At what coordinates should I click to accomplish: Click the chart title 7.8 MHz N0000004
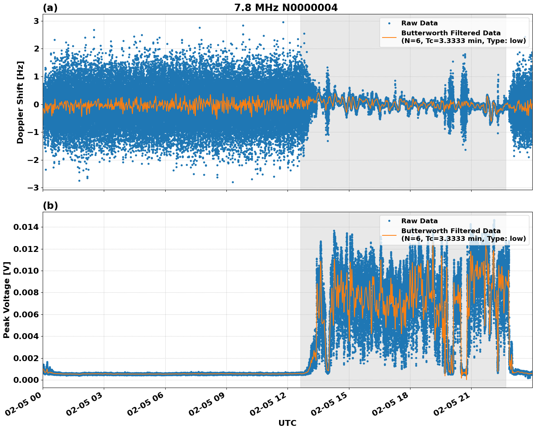286,8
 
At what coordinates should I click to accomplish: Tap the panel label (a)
50,8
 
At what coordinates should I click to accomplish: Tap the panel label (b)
50,206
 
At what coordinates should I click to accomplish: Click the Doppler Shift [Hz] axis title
20,102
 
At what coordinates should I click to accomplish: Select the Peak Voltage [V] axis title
7,300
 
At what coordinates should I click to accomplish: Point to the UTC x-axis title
287,423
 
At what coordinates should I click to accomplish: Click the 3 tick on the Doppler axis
36,21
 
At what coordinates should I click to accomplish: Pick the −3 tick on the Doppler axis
33,188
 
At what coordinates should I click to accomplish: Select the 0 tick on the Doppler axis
36,104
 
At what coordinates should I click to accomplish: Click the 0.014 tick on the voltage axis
26,227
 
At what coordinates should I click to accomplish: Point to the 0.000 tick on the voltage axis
26,380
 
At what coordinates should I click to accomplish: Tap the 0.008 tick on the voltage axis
26,293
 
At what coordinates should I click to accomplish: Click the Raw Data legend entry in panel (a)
419,23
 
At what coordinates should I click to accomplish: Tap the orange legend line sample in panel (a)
389,37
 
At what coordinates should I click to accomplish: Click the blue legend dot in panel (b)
389,221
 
